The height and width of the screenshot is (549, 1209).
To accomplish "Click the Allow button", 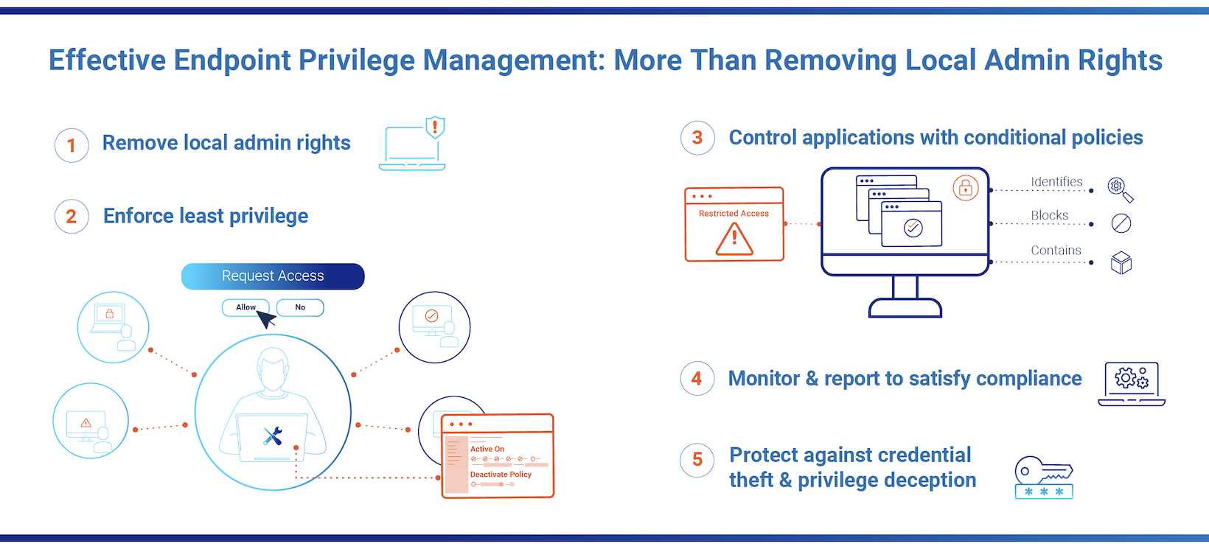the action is tap(245, 307).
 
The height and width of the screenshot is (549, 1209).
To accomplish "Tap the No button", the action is tap(300, 307).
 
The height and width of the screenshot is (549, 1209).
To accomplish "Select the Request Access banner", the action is tap(273, 276).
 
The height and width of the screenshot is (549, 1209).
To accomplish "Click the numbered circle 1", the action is tap(72, 146).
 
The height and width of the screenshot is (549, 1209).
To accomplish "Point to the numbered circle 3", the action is tap(697, 138).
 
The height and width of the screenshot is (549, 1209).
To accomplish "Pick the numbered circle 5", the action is tap(697, 460).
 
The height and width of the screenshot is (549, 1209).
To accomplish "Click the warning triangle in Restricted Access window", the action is tap(734, 239).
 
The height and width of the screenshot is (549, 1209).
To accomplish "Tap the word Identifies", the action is tap(1056, 182).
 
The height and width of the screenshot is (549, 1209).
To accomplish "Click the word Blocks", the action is tap(1049, 215).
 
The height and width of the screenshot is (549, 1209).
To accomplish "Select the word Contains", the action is tap(1056, 251).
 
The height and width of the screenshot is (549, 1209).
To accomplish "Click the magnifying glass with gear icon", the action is tap(1120, 190).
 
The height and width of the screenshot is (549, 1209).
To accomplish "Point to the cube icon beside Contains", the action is tap(1121, 262).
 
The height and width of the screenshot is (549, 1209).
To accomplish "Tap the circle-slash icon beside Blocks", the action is tap(1121, 223).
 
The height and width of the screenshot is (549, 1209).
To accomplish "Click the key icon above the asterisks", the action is tap(1043, 470).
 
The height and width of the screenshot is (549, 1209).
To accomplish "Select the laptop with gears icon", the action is tap(1132, 384).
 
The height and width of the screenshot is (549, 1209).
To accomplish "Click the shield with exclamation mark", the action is tap(435, 127).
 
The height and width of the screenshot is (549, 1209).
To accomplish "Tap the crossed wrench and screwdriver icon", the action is tap(273, 436).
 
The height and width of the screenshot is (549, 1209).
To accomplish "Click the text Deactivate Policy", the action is tap(501, 475).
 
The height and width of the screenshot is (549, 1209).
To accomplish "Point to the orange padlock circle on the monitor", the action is tap(966, 188).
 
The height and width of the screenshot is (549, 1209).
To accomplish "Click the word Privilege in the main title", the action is tap(356, 60).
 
